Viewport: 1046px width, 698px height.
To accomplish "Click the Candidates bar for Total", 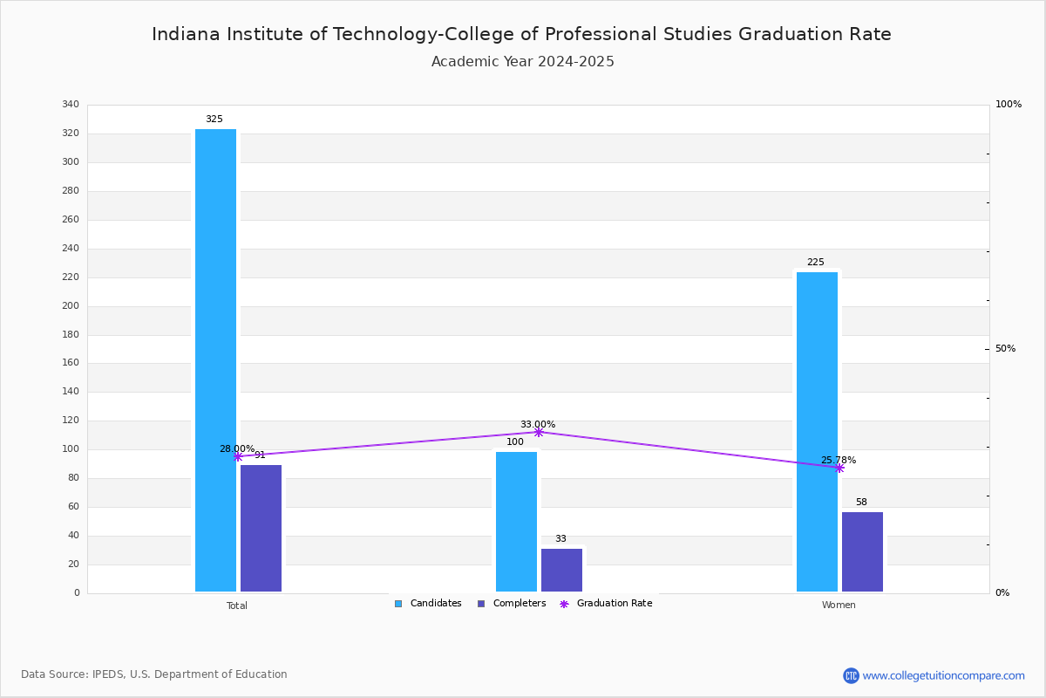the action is [216, 360].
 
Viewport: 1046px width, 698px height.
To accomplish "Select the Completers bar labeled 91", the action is [261, 528].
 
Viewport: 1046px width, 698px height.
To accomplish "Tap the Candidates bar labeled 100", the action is [516, 522].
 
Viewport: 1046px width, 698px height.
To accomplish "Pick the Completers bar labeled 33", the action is [561, 570].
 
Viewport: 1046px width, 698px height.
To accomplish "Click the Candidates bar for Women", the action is [818, 432].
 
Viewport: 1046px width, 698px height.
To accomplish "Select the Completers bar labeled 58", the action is [862, 551].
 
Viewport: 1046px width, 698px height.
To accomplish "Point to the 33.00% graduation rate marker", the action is [539, 433].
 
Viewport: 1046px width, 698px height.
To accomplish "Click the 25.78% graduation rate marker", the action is [839, 468].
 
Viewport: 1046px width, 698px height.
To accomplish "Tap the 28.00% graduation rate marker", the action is [238, 457].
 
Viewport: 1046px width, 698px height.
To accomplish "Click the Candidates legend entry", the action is [428, 604].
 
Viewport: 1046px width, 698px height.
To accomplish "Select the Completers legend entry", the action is [512, 604].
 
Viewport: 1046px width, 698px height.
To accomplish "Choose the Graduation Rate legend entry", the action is [606, 604].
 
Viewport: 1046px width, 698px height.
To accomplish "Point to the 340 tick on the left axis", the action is [71, 104].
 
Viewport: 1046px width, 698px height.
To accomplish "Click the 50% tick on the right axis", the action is [1005, 349].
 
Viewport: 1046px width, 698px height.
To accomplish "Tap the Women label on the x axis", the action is [839, 605].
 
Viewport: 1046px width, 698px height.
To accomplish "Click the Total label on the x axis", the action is [237, 606].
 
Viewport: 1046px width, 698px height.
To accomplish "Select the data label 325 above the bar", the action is [214, 120].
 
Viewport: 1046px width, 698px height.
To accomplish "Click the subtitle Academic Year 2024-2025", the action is [522, 62].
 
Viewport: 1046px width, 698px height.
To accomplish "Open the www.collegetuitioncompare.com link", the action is [944, 675].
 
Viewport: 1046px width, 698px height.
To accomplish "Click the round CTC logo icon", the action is [852, 675].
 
